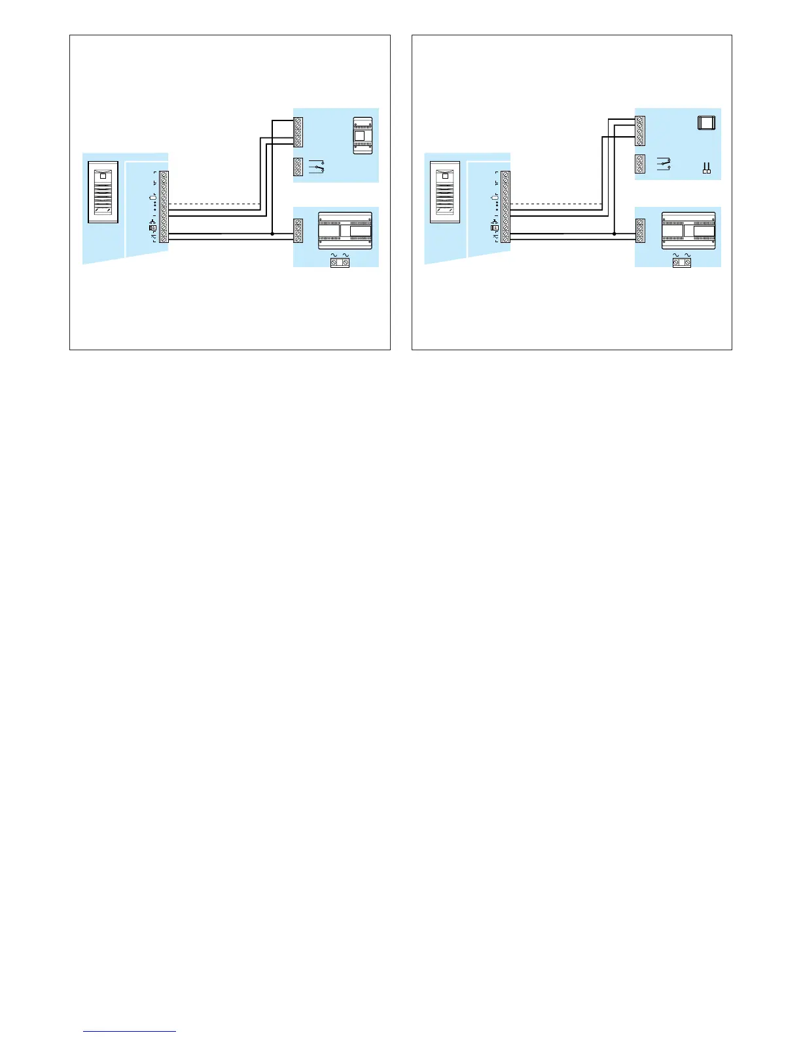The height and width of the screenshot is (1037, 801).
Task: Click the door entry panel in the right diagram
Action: tap(445, 192)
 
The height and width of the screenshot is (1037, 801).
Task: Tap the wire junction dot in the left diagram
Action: tap(272, 233)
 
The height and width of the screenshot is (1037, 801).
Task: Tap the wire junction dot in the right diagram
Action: tap(614, 233)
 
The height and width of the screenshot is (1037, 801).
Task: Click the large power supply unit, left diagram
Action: tap(344, 230)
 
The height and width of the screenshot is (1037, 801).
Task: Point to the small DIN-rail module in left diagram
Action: tap(362, 136)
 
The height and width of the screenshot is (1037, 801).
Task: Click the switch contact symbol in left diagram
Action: tap(316, 167)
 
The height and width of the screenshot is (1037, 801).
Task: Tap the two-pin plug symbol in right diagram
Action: tap(706, 170)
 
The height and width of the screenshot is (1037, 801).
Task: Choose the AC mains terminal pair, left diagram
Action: tap(339, 263)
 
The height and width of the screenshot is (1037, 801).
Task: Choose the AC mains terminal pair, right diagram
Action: tap(682, 263)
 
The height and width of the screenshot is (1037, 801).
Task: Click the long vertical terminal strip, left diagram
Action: tap(164, 207)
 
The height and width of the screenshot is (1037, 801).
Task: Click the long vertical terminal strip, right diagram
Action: tap(505, 207)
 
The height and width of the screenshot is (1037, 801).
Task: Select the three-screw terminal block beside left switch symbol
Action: tap(298, 167)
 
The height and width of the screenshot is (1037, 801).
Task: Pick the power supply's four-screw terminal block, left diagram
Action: tap(298, 231)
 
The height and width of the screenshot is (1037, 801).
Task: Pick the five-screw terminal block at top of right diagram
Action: tap(640, 130)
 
